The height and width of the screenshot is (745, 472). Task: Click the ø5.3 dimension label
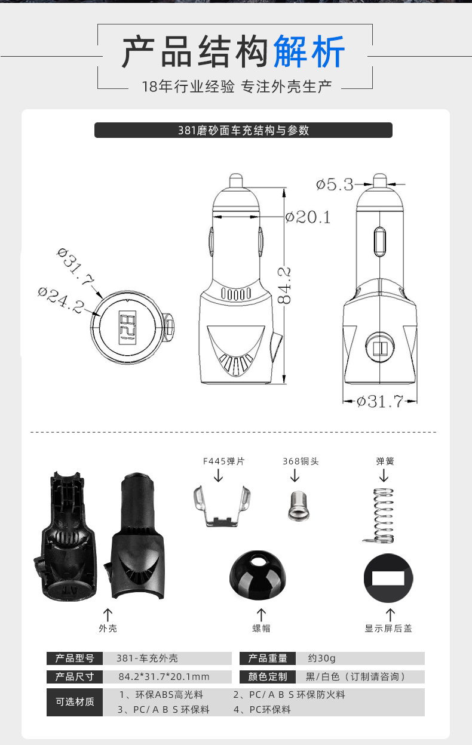(x=335, y=184)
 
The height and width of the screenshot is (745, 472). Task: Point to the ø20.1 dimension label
(x=308, y=217)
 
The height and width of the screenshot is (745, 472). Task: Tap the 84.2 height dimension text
(x=284, y=286)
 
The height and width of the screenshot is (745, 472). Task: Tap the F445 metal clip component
(x=222, y=506)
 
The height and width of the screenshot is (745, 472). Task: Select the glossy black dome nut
(x=258, y=573)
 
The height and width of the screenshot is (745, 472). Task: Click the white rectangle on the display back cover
(x=388, y=578)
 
